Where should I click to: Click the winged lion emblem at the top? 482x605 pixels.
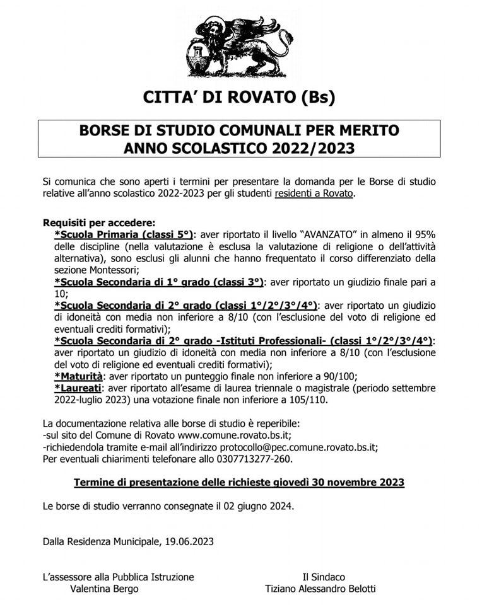[x=239, y=47]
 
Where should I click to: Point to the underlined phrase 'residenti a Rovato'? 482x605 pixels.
[x=314, y=193]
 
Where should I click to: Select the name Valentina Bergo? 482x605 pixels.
[x=104, y=589]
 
